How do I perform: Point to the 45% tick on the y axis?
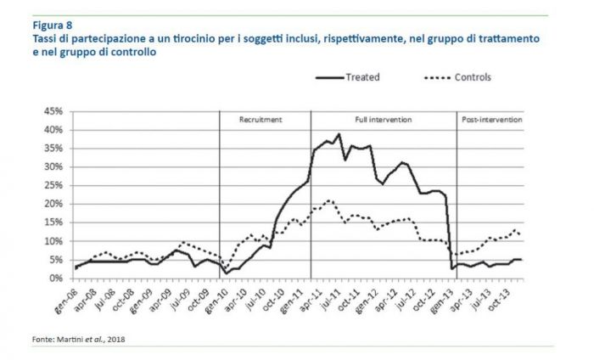pos(53,111)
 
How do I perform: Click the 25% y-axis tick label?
pos(53,185)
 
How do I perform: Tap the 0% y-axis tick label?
pos(55,278)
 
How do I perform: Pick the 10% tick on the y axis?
pos(53,241)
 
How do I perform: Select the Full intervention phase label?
pos(384,121)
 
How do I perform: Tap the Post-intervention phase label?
pos(491,121)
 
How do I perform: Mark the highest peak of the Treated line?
pos(339,133)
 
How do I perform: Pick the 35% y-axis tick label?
pos(53,149)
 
